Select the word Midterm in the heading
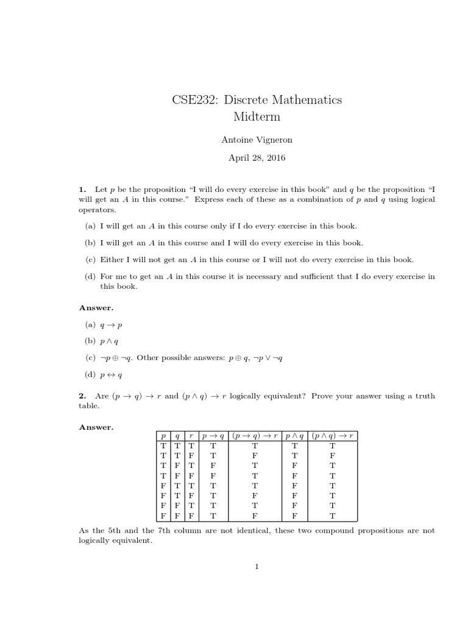(257, 116)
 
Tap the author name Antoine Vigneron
(257, 140)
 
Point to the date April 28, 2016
(257, 158)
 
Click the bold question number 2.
(82, 395)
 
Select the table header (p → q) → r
(255, 436)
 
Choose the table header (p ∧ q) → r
(333, 436)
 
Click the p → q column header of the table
(213, 436)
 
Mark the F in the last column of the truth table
(333, 455)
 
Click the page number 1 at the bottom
(257, 567)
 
